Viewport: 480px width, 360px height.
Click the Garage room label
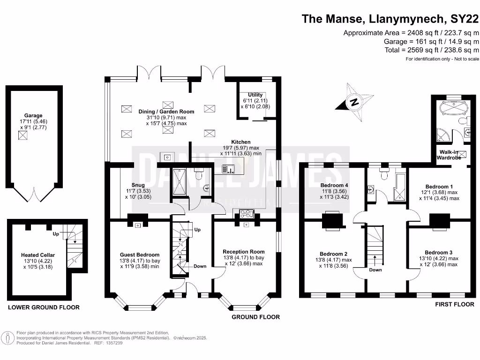point(33,115)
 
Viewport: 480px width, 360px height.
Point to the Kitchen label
point(240,142)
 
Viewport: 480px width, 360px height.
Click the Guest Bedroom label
point(140,255)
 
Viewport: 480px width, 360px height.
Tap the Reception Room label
point(244,252)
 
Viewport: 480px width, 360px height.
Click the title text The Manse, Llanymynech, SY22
point(390,19)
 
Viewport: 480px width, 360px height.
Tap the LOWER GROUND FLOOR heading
point(43,307)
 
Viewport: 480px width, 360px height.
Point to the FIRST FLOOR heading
point(454,305)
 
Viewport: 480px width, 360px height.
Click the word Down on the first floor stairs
point(375,270)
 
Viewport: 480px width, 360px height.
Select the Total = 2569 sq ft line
point(431,50)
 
